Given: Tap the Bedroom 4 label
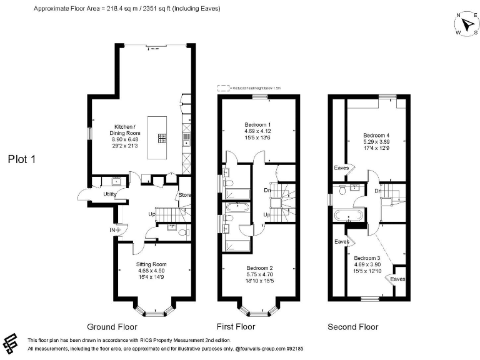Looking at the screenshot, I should click(x=376, y=135).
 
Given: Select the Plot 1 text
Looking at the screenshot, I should click(x=22, y=159).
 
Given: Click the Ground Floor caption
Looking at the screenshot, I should click(x=112, y=327).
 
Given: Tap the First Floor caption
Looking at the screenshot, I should click(x=236, y=327).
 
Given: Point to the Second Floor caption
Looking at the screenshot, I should click(x=353, y=327).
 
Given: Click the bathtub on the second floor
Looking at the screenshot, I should click(x=345, y=216).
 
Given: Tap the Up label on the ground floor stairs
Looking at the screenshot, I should click(x=151, y=214).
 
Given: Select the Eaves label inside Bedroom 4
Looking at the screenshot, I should click(x=341, y=167).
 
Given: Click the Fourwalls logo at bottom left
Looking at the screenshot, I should click(x=11, y=343).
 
